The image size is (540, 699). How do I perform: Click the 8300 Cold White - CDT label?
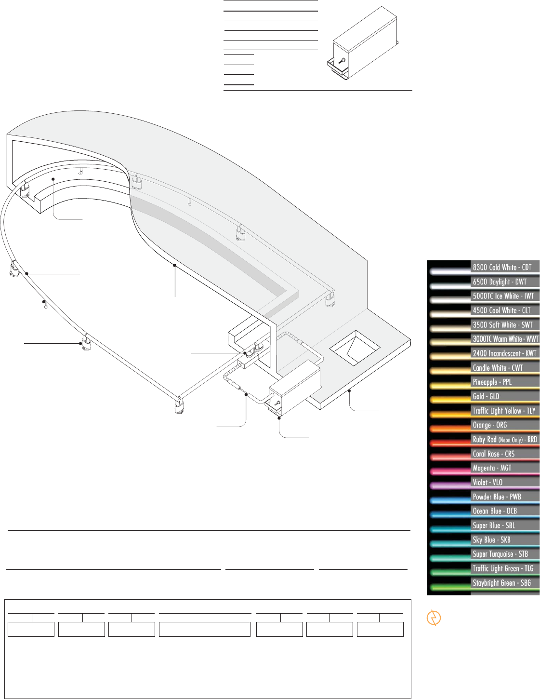pos(502,268)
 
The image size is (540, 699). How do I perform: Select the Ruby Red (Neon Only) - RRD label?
pos(505,440)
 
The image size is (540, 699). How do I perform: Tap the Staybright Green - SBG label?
pos(501,583)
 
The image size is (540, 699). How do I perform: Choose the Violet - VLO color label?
pos(487,483)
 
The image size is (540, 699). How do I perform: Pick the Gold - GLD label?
pos(486,396)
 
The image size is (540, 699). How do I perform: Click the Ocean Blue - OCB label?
pos(495,511)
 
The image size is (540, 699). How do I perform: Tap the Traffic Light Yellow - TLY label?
pos(504,411)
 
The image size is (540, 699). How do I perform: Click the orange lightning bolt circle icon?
pos(434,618)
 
